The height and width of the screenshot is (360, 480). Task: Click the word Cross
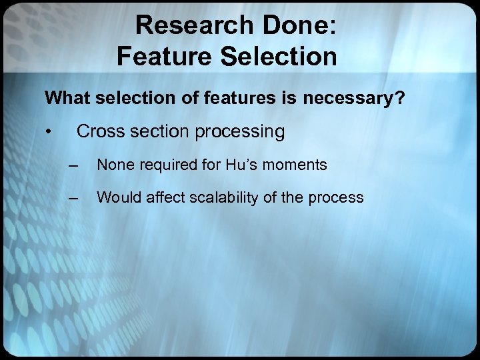pyautogui.click(x=99, y=132)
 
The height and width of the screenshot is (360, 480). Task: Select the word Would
pyautogui.click(x=117, y=197)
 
